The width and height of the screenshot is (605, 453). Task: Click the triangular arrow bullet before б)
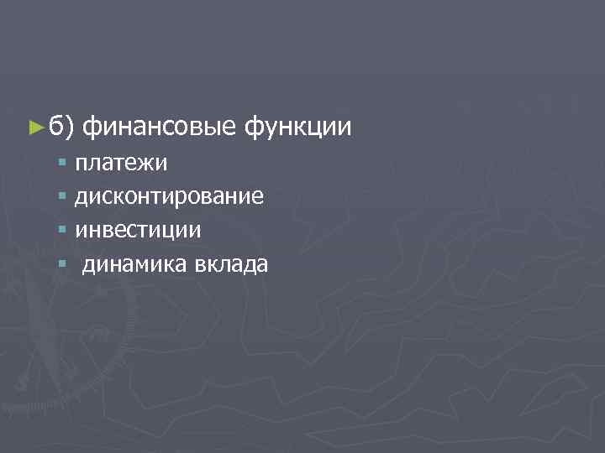pos(34,128)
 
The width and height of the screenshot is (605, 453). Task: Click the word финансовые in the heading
pos(159,128)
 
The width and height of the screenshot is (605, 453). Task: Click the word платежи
pos(121,161)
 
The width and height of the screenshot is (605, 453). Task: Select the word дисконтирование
pos(169,196)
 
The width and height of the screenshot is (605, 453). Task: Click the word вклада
pos(219,266)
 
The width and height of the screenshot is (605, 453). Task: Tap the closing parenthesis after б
pos(71,128)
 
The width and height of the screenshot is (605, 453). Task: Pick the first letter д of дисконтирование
pos(82,196)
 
